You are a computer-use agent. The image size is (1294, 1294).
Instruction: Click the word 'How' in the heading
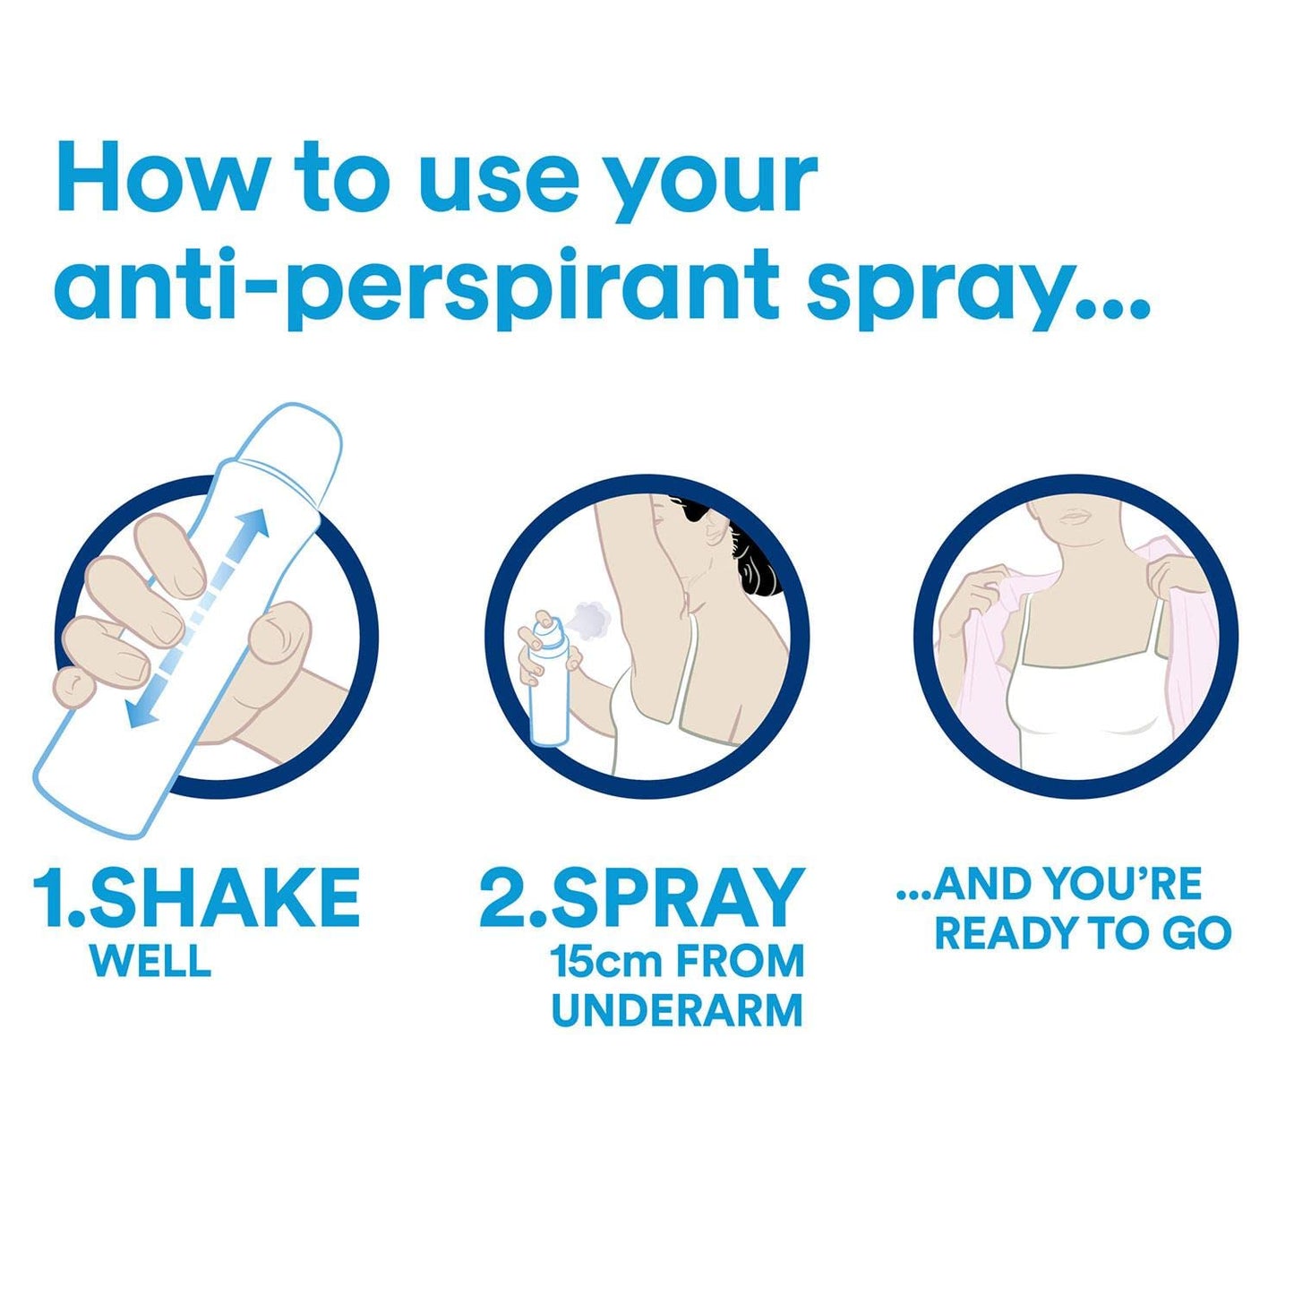pyautogui.click(x=161, y=177)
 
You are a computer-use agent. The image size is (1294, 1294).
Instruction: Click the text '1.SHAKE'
pyautogui.click(x=197, y=897)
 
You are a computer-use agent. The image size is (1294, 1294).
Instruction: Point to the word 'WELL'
pyautogui.click(x=150, y=961)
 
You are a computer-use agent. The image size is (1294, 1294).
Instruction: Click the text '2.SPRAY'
pyautogui.click(x=641, y=897)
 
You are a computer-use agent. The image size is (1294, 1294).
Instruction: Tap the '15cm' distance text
pyautogui.click(x=605, y=961)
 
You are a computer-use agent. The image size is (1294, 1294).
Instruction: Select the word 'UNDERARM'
pyautogui.click(x=677, y=1010)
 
